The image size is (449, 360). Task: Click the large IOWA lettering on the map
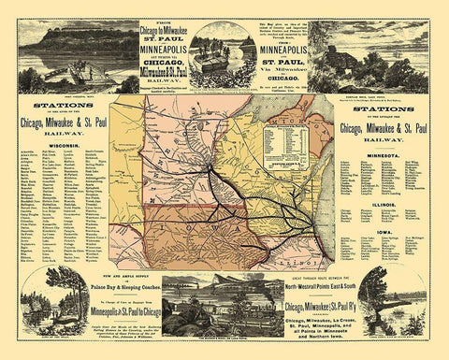(x=201, y=232)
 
